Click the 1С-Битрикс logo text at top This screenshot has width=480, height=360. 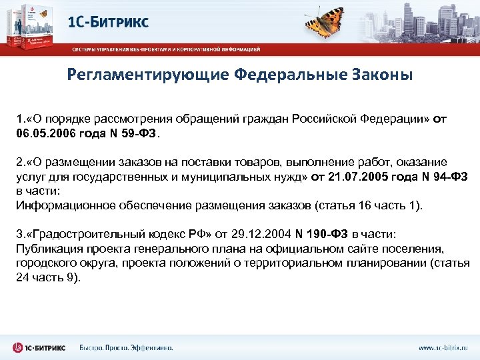point(109,22)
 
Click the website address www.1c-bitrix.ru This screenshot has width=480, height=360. point(443,347)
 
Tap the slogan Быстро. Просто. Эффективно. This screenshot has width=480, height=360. point(126,347)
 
